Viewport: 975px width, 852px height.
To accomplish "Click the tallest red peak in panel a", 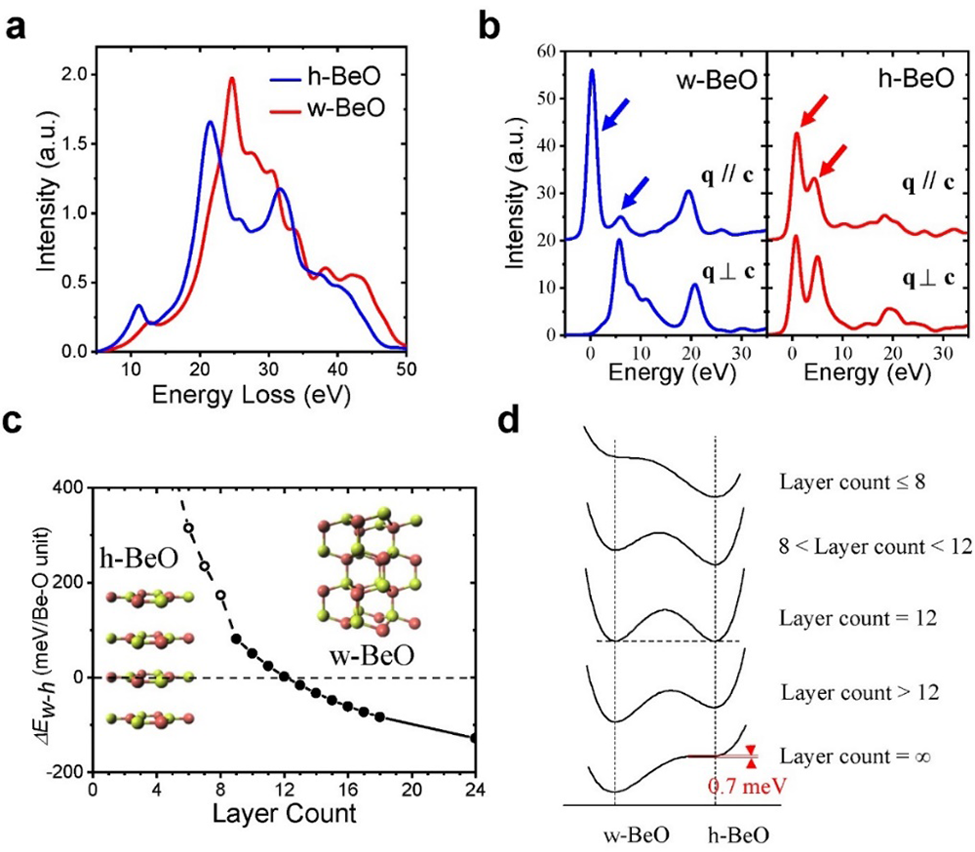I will click(232, 80).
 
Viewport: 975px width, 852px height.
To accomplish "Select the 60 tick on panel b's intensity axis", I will click(549, 52).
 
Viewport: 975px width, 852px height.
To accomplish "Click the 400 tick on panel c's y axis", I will click(64, 487).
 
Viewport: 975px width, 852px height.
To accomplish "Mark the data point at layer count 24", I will click(475, 738).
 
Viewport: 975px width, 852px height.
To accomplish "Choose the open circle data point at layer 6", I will click(188, 528).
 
